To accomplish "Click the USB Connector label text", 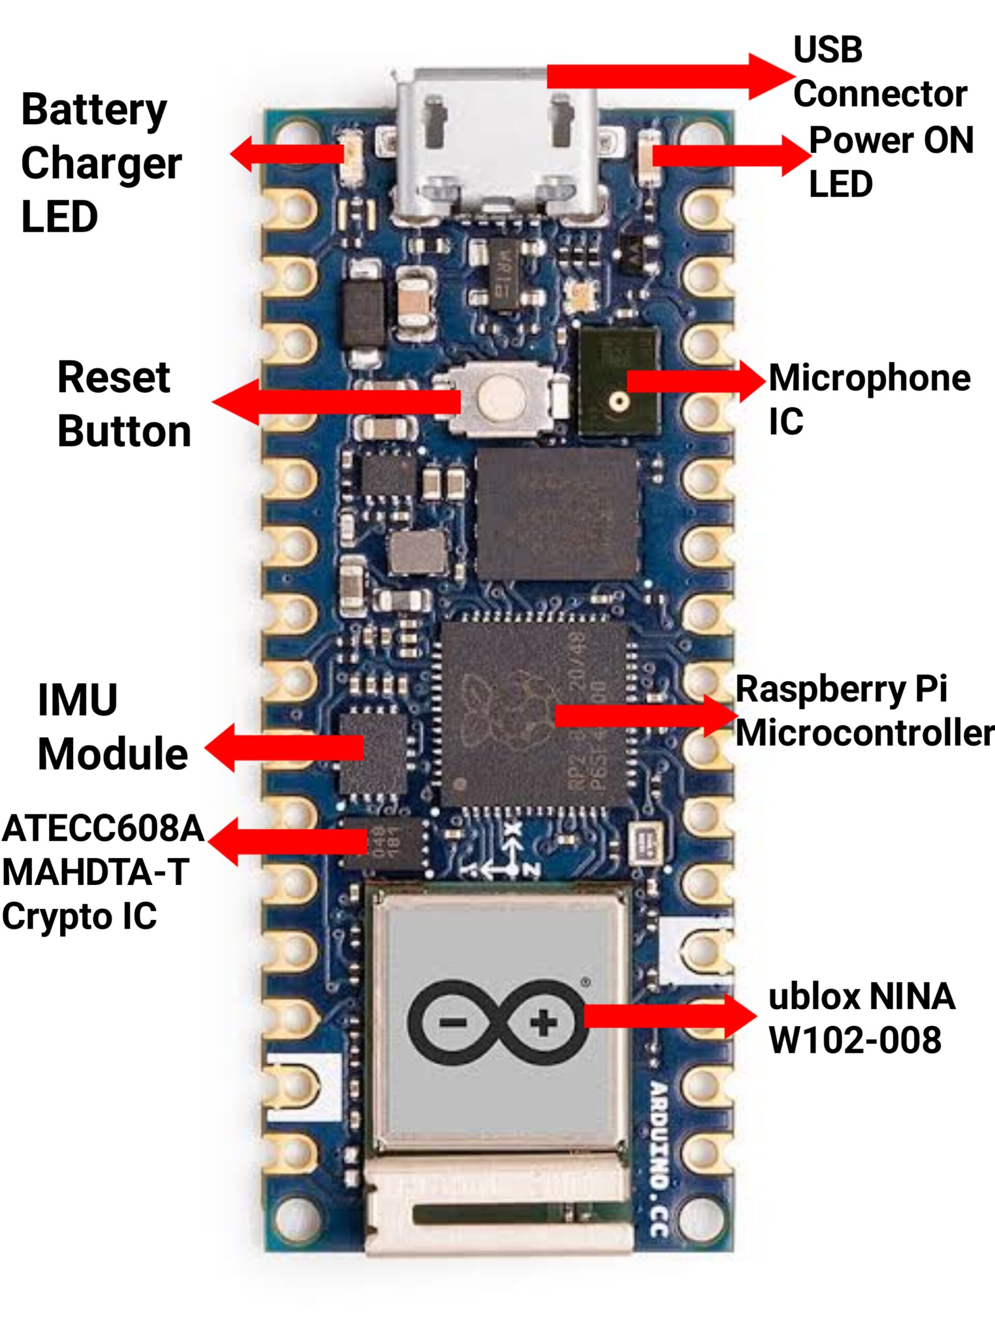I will click(x=880, y=72).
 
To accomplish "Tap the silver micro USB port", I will click(x=496, y=144).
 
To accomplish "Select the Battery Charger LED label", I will click(x=100, y=163).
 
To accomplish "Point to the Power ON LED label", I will click(x=890, y=161).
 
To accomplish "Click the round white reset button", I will click(x=500, y=397).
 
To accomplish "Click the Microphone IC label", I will click(x=869, y=399).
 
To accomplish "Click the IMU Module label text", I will click(x=112, y=727).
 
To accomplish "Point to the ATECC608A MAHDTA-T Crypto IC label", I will click(x=102, y=872).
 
